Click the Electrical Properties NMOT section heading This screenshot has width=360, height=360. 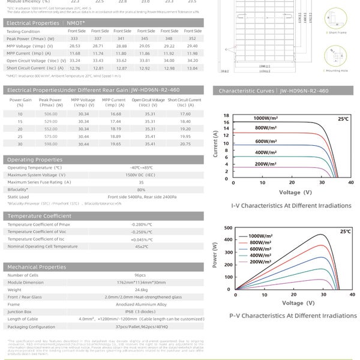(46, 23)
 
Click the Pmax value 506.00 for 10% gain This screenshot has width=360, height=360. (50, 113)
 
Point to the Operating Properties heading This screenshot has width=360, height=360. (34, 160)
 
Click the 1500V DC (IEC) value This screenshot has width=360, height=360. (142, 175)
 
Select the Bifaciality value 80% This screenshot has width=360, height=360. (142, 189)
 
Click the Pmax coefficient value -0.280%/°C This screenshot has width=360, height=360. (141, 224)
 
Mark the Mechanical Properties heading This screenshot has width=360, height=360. (36, 267)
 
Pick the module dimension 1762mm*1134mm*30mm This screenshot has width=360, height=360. (141, 282)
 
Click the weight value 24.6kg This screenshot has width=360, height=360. (141, 289)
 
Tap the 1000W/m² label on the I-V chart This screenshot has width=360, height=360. (268, 118)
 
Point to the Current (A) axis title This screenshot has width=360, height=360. (217, 146)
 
